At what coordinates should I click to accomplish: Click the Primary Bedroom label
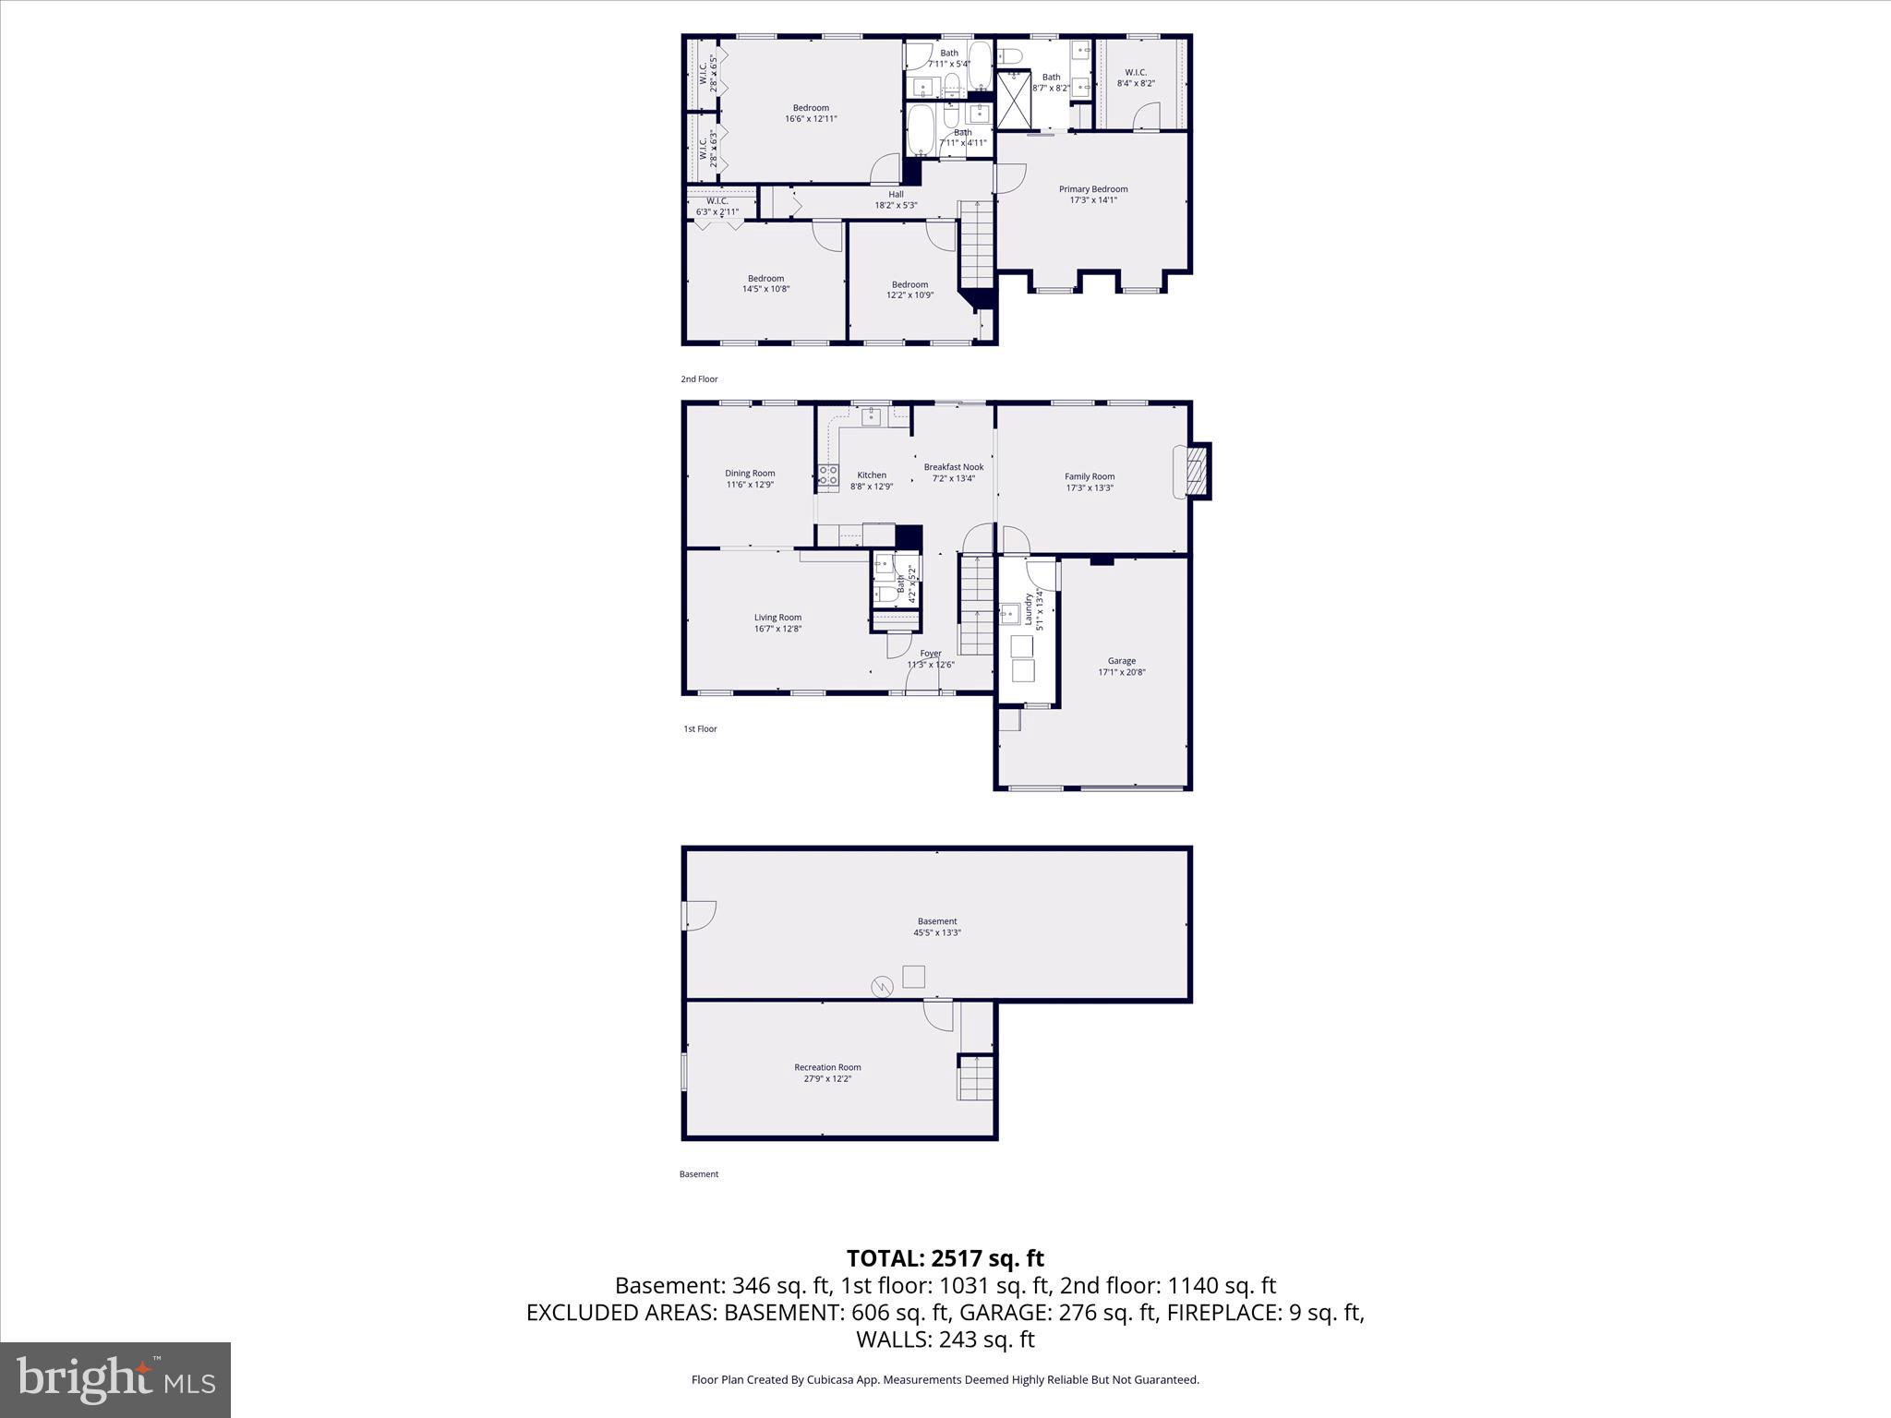coord(1093,189)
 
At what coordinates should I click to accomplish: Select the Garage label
coord(1122,661)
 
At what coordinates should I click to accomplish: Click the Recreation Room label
coord(827,1067)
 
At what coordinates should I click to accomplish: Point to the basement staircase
coord(976,1077)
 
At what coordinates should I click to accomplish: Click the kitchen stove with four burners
coord(827,477)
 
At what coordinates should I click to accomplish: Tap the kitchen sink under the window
coord(872,416)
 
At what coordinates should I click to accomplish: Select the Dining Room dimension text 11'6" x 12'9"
coord(750,485)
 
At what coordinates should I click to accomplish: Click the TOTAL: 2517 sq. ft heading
coord(945,1258)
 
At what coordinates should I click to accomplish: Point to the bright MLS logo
coord(115,1379)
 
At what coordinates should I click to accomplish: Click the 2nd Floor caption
coord(699,379)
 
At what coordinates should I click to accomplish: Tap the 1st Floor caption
coord(700,729)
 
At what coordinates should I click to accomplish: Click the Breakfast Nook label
coord(954,467)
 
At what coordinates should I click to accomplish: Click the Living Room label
coord(777,618)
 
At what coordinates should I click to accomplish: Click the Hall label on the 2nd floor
coord(896,194)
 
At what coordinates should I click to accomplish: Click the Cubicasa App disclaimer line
coord(945,1380)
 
